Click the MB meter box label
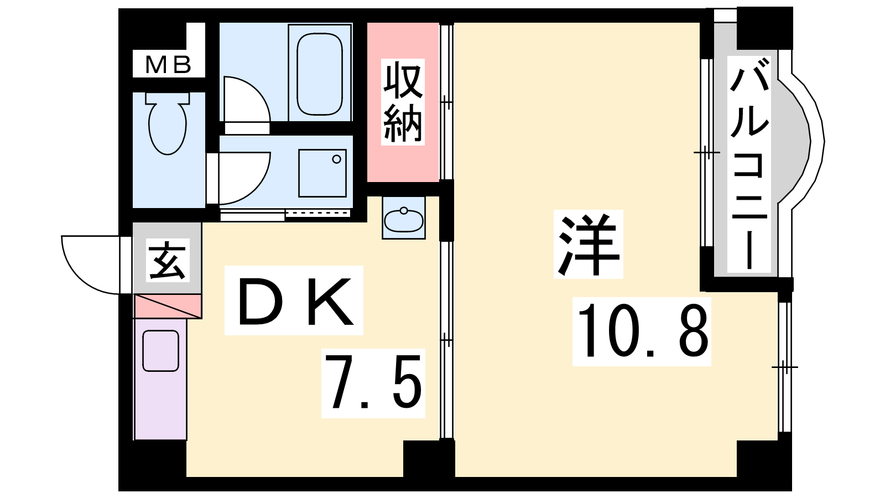168,65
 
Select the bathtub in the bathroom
320,74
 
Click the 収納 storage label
403,102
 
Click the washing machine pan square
322,173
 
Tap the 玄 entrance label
168,260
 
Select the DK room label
294,300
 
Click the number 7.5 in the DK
373,382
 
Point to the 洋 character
589,244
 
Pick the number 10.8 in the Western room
642,331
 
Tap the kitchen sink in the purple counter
161,351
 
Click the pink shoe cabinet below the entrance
168,307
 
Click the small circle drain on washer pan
337,159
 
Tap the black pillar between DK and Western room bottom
429,459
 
